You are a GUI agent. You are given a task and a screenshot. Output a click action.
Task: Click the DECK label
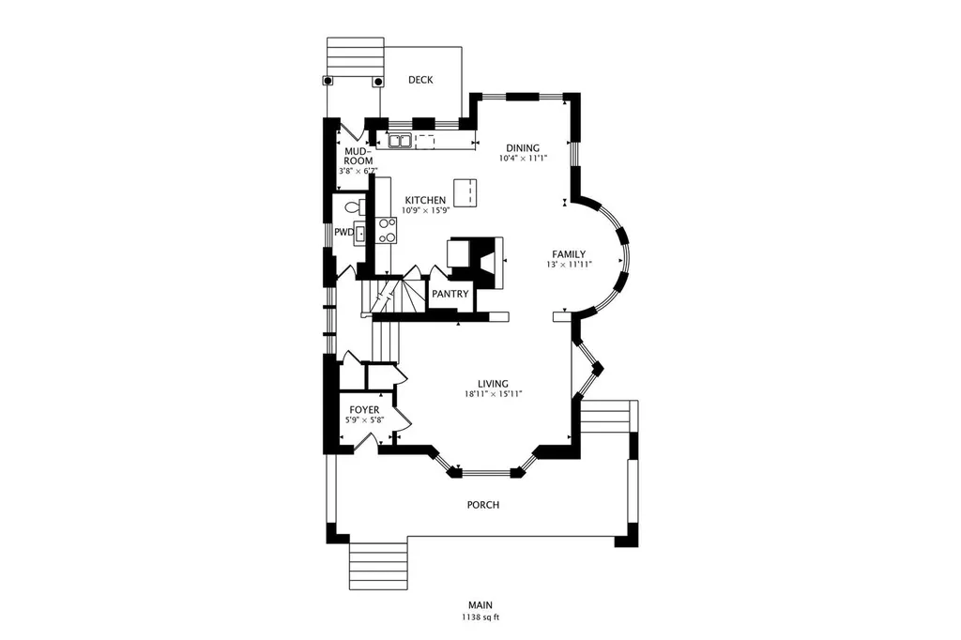click(x=420, y=80)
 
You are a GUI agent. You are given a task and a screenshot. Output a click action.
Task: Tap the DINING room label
click(x=523, y=147)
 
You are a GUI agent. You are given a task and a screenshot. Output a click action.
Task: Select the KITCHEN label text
click(x=425, y=201)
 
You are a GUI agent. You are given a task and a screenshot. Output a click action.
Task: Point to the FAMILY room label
click(x=569, y=254)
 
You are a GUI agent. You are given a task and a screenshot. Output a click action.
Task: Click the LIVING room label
click(x=494, y=385)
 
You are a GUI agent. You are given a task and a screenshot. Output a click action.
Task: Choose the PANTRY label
click(x=450, y=295)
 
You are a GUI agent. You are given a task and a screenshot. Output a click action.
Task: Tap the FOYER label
click(x=364, y=410)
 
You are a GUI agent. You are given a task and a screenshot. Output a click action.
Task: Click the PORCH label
click(x=483, y=505)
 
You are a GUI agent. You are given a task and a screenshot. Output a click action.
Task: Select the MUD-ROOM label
click(x=358, y=156)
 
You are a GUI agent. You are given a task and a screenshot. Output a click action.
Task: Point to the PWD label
click(x=343, y=233)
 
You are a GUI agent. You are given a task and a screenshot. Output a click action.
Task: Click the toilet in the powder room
click(x=356, y=207)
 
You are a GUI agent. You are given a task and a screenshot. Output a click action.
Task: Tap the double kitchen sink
click(x=400, y=141)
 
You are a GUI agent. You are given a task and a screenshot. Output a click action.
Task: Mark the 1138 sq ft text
click(x=480, y=617)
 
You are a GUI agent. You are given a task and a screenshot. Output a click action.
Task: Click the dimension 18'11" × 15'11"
click(x=494, y=395)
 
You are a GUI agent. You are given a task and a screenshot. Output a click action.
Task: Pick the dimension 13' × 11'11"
click(x=570, y=265)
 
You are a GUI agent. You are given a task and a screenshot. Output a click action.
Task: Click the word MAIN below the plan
click(x=480, y=605)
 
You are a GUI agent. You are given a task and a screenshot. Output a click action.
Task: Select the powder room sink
click(x=360, y=234)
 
